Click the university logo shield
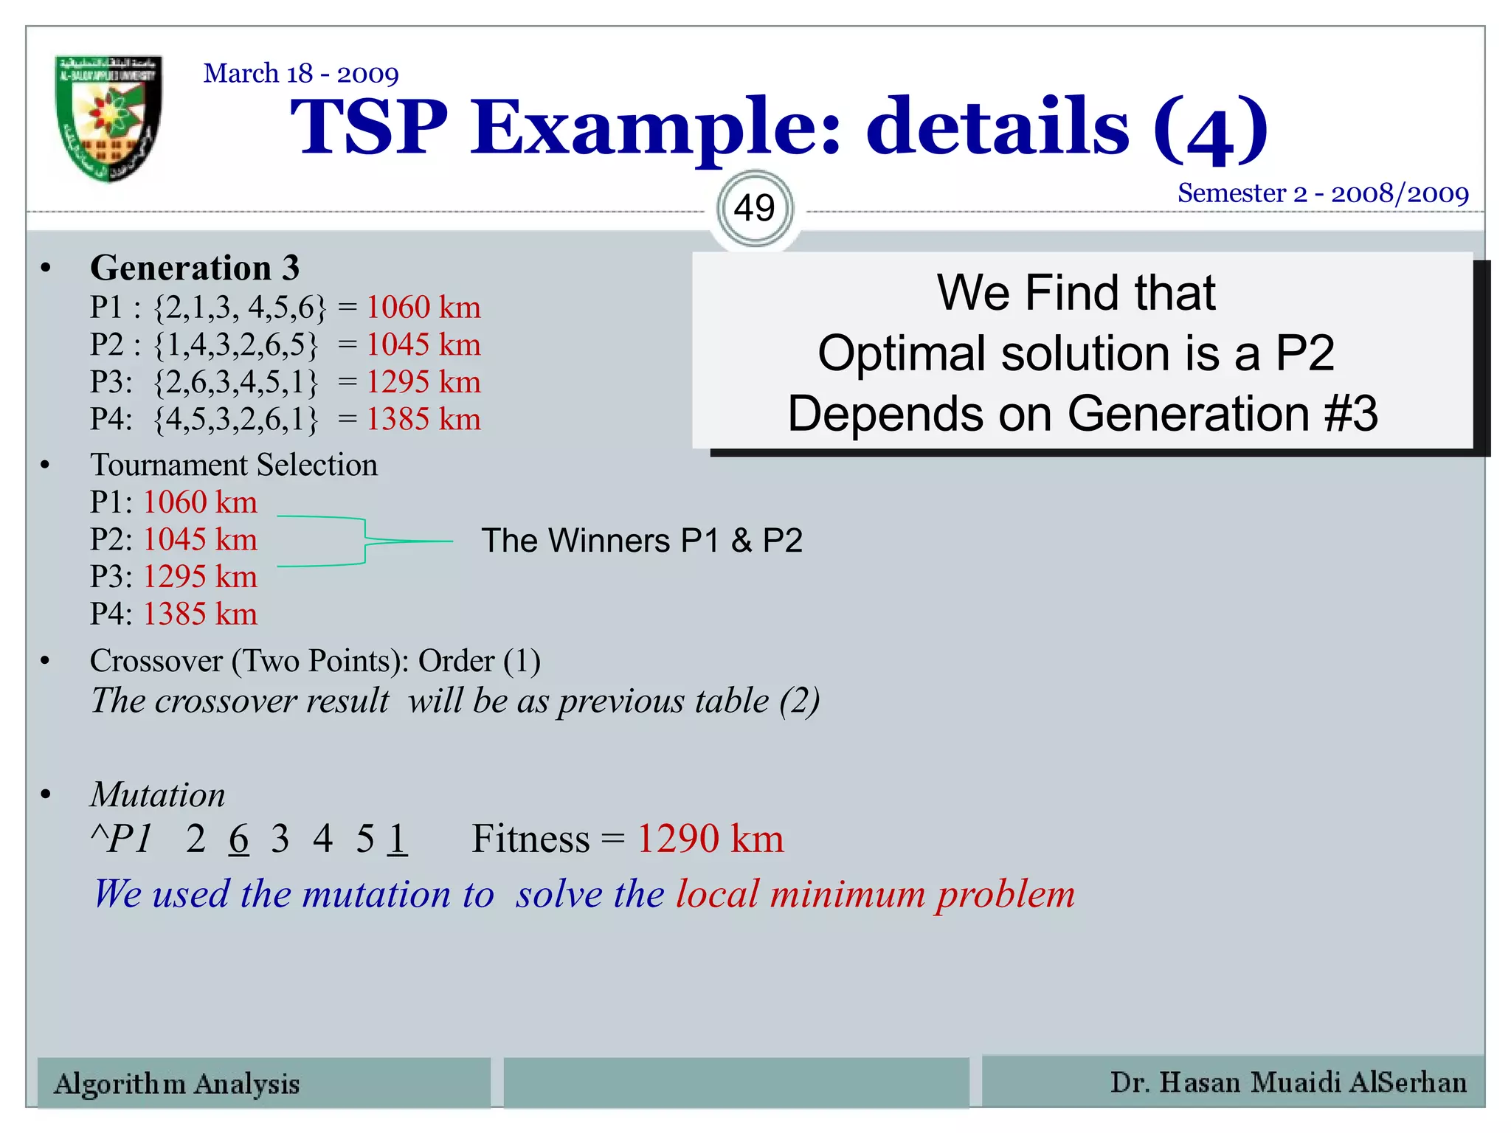pos(109,118)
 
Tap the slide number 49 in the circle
pos(754,208)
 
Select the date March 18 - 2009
pos(301,74)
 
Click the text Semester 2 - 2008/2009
pos(1322,193)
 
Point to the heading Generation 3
pos(195,268)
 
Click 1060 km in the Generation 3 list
pos(423,307)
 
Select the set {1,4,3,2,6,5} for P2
pos(236,344)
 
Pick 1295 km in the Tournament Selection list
pos(200,577)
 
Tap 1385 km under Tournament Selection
pos(200,614)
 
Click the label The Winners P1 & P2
pos(641,541)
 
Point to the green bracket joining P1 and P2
pos(364,541)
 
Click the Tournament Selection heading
pos(234,465)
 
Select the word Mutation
pos(158,795)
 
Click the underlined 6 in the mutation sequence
pos(238,839)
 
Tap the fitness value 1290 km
pos(710,839)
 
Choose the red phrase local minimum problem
pos(875,895)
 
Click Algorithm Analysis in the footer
pos(177,1084)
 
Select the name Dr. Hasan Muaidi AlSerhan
pos(1288,1082)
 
